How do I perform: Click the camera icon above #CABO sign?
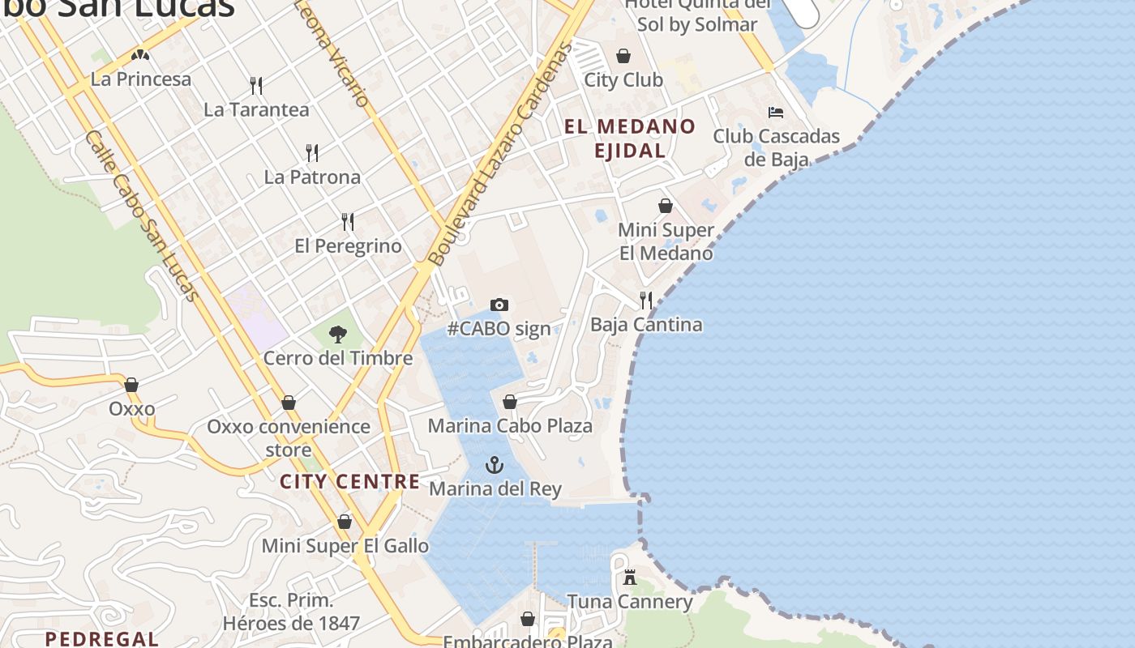pos(499,305)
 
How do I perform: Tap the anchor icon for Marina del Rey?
pos(494,465)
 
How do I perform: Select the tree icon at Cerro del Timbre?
pos(338,334)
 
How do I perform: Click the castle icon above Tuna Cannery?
pos(630,578)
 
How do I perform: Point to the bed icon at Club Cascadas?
pos(776,113)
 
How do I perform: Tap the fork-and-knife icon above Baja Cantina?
pos(646,301)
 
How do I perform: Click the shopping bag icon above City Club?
pos(623,56)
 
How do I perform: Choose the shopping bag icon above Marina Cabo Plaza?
pos(510,402)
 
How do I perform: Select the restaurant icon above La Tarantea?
pos(256,85)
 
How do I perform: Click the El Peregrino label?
pos(348,245)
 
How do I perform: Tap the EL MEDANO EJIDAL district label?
pos(630,139)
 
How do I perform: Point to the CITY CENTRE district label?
pos(350,482)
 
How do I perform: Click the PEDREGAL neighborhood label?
pos(101,638)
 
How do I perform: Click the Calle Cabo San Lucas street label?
pos(141,215)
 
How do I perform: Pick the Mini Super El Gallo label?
pos(345,546)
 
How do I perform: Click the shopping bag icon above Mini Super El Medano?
pos(666,206)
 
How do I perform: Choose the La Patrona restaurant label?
pos(312,177)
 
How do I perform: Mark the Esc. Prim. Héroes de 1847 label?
pos(291,612)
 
